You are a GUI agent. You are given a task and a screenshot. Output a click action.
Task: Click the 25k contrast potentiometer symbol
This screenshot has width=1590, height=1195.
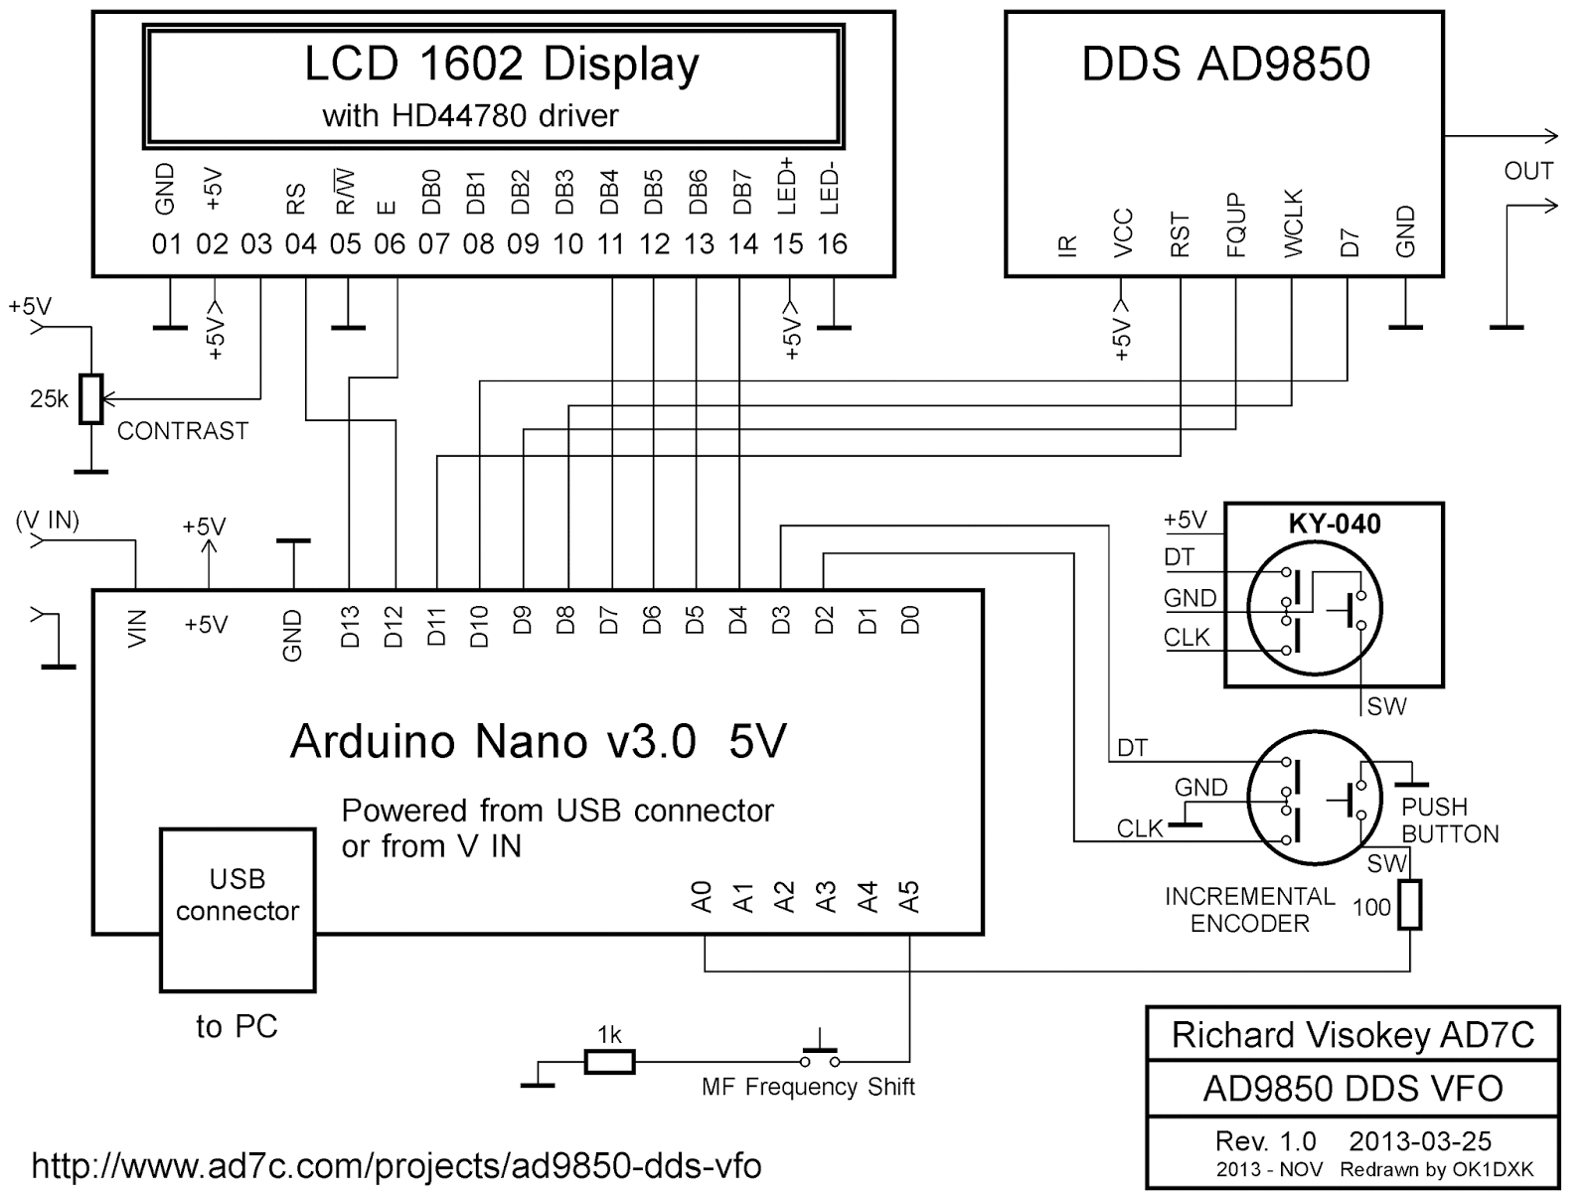[x=91, y=398]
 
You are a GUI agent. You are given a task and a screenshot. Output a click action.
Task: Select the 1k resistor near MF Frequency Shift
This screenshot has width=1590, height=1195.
[x=608, y=1062]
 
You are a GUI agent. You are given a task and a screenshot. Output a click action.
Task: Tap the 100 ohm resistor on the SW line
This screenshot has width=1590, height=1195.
[x=1409, y=904]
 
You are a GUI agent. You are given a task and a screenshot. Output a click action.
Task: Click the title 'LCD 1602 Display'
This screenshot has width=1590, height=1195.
[x=501, y=65]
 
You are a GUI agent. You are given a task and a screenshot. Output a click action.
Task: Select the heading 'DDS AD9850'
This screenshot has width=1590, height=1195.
[x=1225, y=65]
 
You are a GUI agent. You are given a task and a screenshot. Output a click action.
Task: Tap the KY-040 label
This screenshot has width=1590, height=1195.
[x=1334, y=523]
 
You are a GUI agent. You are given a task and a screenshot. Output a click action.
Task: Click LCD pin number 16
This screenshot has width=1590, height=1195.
[x=832, y=244]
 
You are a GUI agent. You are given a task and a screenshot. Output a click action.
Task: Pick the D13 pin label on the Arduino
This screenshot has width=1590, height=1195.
[x=350, y=627]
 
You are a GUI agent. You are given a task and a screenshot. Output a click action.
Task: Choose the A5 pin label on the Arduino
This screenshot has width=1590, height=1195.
[x=908, y=896]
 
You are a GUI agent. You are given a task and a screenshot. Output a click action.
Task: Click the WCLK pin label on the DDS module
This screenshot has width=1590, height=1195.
[x=1292, y=224]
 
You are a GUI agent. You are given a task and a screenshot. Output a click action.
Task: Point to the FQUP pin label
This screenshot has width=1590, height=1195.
[x=1236, y=226]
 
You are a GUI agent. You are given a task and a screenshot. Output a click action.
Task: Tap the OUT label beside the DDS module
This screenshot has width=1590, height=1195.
[x=1527, y=171]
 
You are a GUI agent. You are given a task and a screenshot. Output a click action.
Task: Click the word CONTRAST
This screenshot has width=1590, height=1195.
[x=183, y=431]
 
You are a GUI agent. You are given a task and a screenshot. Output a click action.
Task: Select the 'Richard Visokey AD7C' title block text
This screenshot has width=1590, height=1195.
[x=1352, y=1035]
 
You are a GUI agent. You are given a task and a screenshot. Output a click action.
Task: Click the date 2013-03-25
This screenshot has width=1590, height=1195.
[x=1420, y=1141]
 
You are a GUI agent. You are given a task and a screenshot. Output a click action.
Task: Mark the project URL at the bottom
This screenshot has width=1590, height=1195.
[x=397, y=1164]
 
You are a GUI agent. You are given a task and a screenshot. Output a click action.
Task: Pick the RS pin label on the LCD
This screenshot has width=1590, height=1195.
[x=296, y=202]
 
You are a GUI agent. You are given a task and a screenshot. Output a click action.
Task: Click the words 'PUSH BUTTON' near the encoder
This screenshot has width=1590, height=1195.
[x=1449, y=821]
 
